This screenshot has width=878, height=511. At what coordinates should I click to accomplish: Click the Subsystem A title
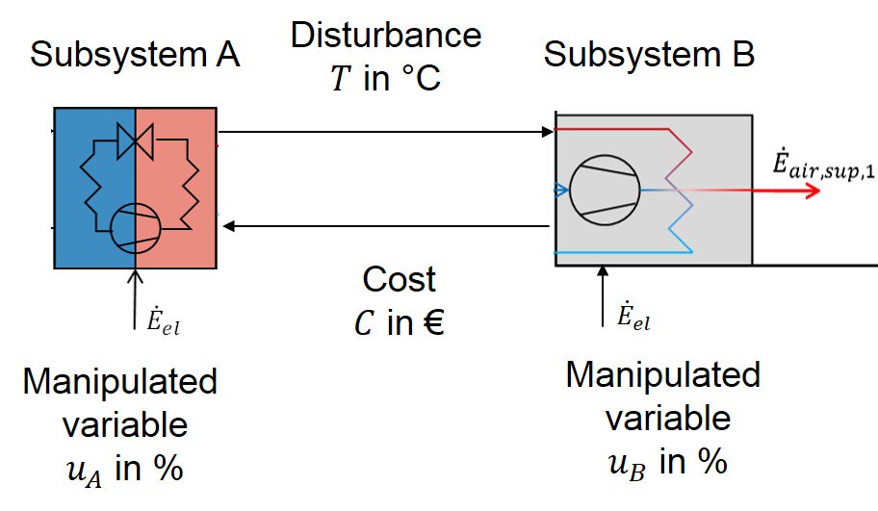(x=134, y=55)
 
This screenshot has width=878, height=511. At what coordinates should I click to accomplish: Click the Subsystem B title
(x=649, y=55)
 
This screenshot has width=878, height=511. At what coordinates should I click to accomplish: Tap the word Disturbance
(x=385, y=36)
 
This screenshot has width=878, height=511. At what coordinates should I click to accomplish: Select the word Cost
(x=399, y=279)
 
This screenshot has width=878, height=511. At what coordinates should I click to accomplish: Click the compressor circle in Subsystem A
(x=136, y=227)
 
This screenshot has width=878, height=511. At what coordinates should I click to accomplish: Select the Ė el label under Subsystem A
(x=161, y=324)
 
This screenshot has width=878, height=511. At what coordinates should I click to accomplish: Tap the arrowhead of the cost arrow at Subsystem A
(x=228, y=226)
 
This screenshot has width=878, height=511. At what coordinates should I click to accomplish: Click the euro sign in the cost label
(x=431, y=324)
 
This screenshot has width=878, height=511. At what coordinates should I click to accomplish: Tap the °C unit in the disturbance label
(x=415, y=78)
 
